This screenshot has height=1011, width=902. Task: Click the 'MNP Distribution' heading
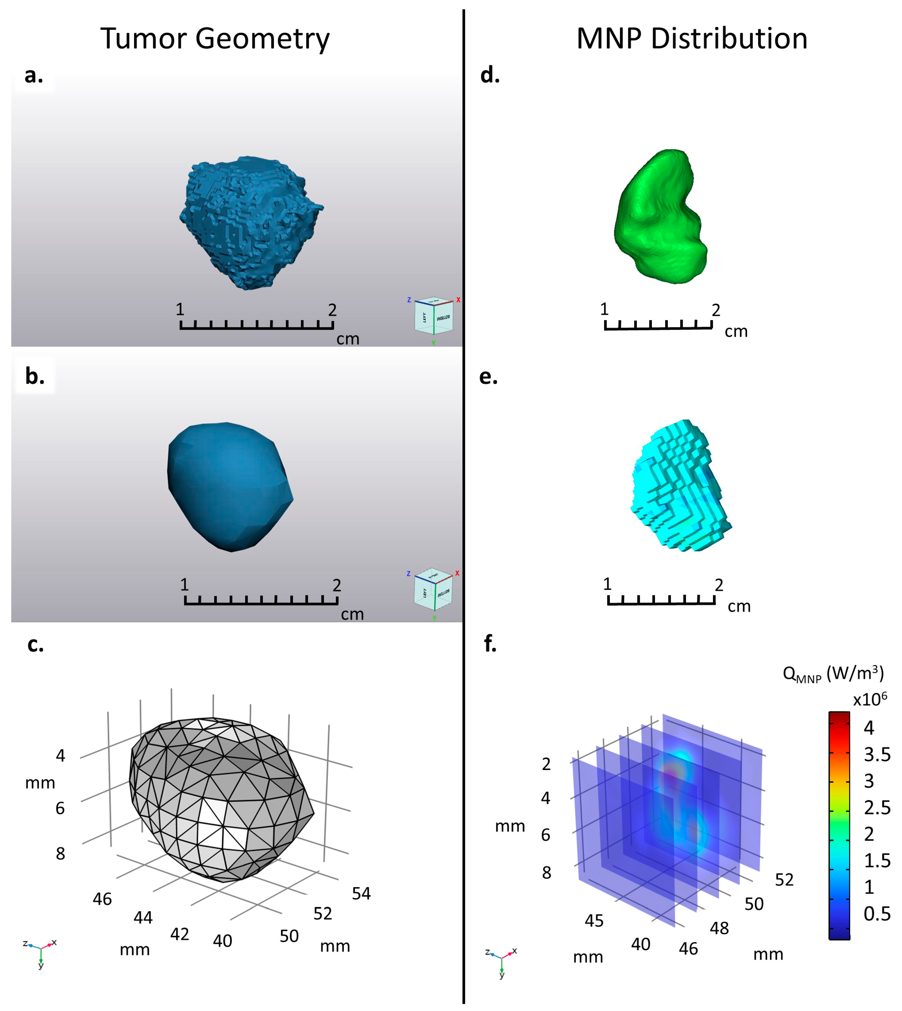(x=692, y=39)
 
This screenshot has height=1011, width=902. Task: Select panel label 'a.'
(x=34, y=75)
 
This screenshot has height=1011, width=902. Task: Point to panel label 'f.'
(x=490, y=644)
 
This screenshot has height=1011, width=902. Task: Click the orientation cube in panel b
(x=433, y=590)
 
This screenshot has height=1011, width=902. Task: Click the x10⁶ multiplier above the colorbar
(x=870, y=699)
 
